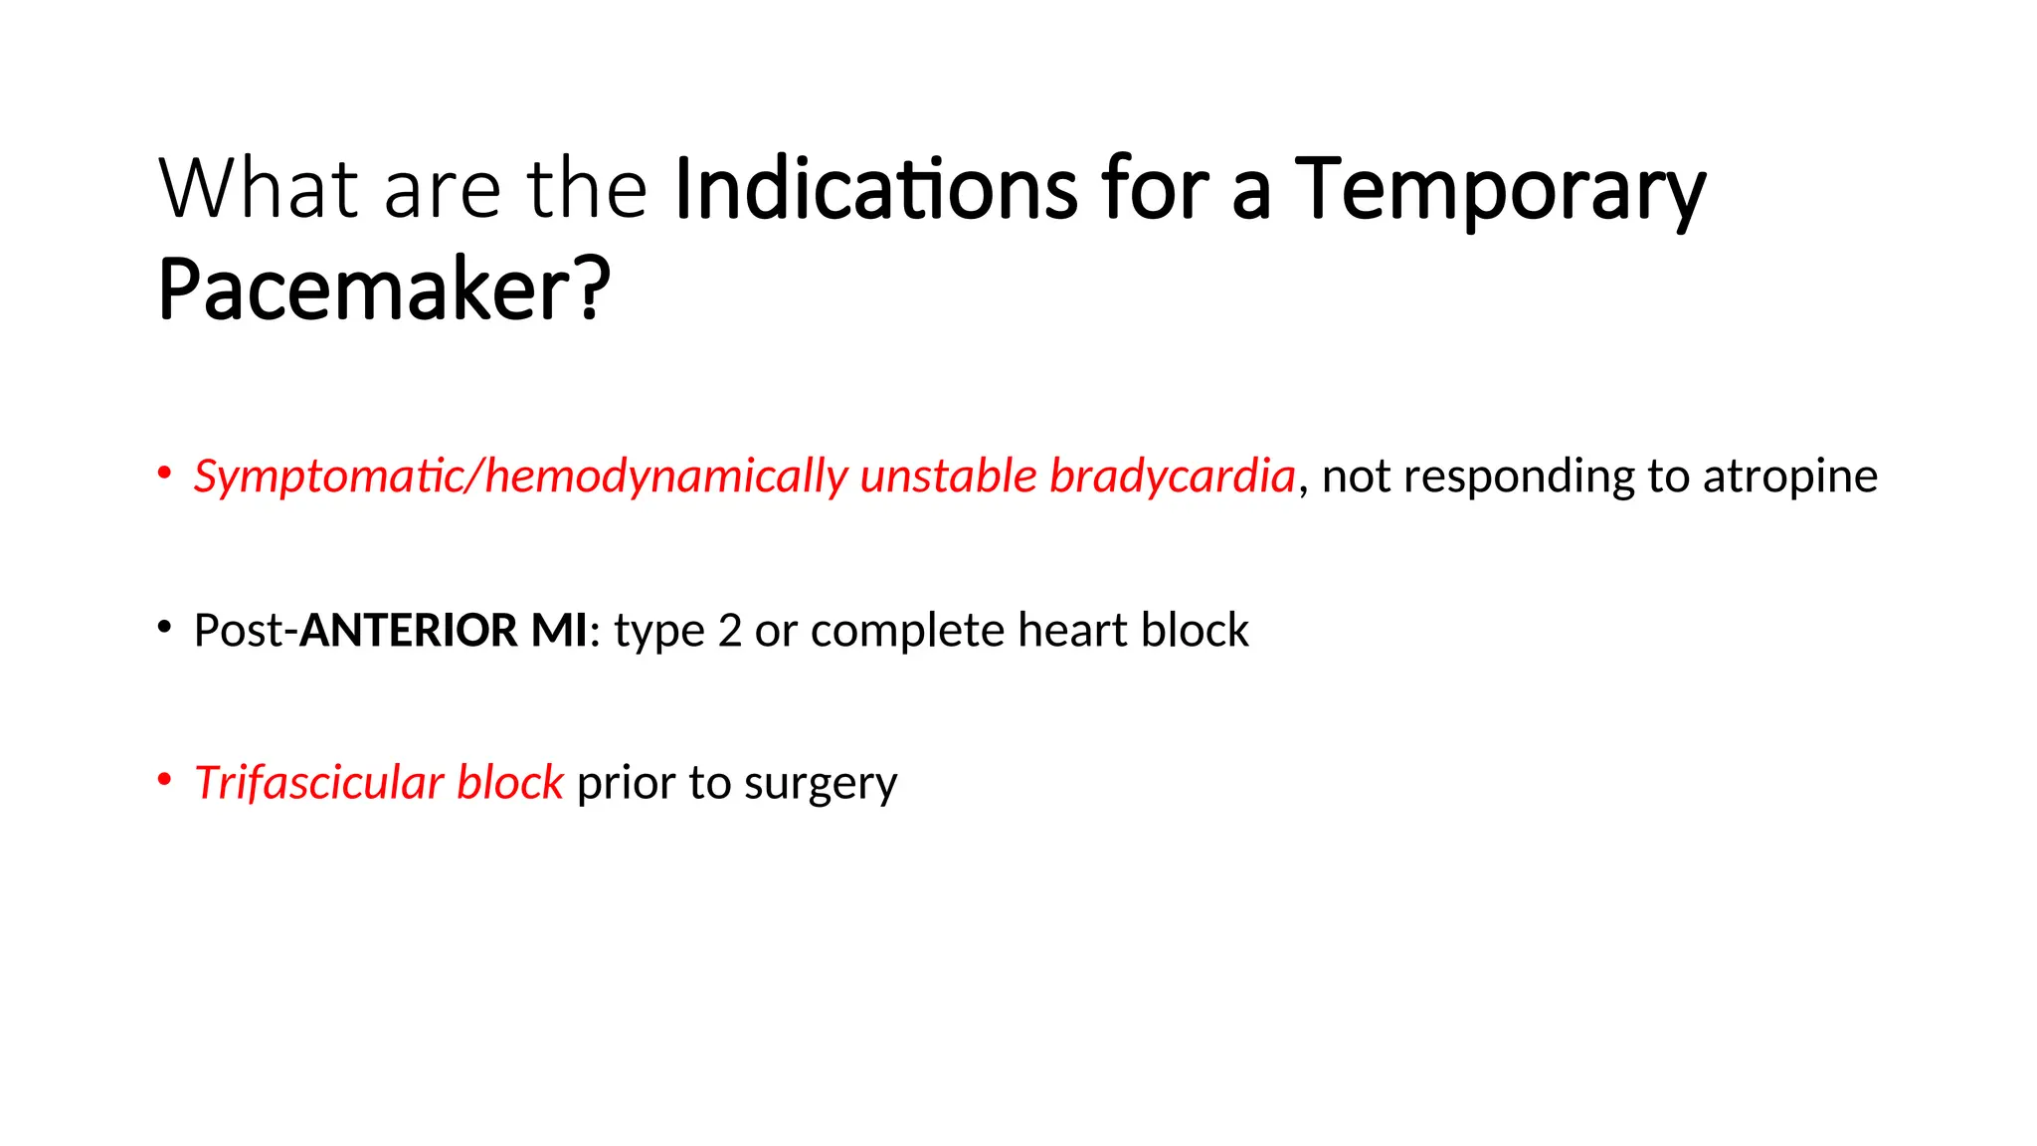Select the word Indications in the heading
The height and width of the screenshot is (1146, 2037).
pyautogui.click(x=875, y=188)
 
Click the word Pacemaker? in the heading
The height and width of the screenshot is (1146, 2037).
pyautogui.click(x=384, y=289)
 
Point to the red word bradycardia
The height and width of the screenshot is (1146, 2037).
pyautogui.click(x=1173, y=477)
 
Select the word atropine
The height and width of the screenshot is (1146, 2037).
pyautogui.click(x=1789, y=477)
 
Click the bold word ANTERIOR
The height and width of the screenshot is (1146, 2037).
pyautogui.click(x=409, y=631)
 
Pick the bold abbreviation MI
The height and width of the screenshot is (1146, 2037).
pyautogui.click(x=559, y=631)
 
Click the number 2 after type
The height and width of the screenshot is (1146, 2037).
pyautogui.click(x=729, y=631)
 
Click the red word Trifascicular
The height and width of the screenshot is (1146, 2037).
pyautogui.click(x=318, y=783)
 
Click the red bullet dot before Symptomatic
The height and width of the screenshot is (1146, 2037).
pyautogui.click(x=164, y=474)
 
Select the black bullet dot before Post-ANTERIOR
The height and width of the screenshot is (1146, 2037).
pyautogui.click(x=164, y=628)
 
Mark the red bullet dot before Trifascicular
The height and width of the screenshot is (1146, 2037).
pyautogui.click(x=164, y=780)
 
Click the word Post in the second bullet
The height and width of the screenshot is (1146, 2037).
pyautogui.click(x=238, y=631)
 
